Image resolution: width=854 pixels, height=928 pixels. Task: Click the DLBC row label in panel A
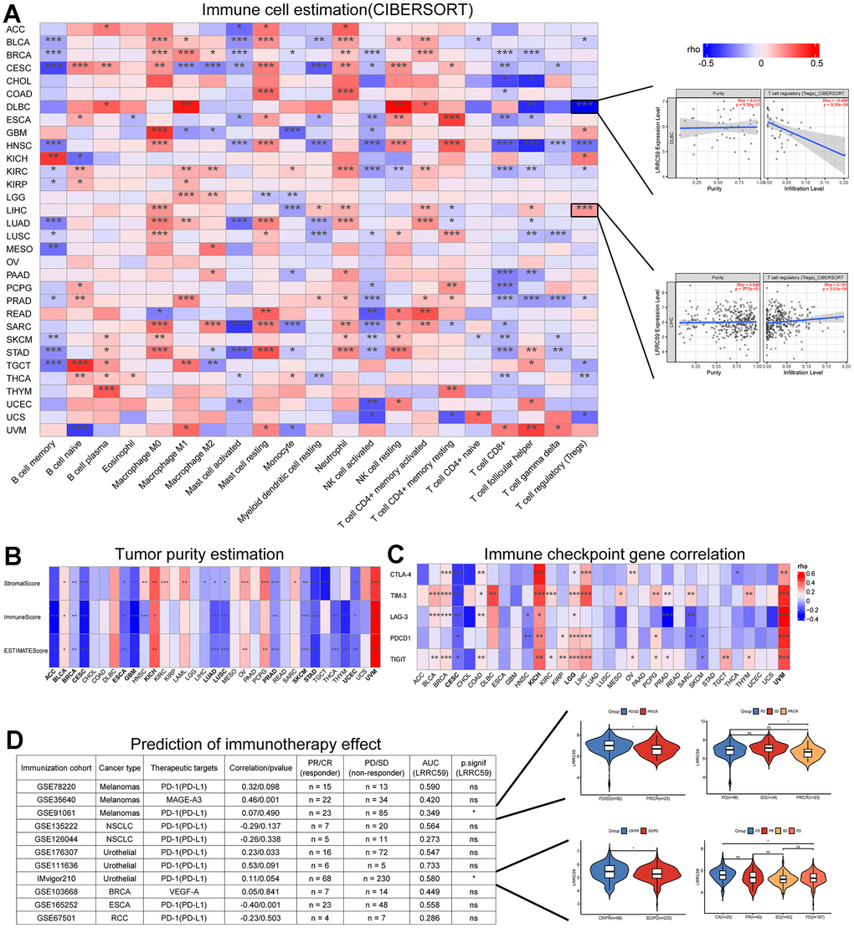coord(15,106)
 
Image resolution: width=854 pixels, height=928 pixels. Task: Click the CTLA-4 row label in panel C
coord(403,572)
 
